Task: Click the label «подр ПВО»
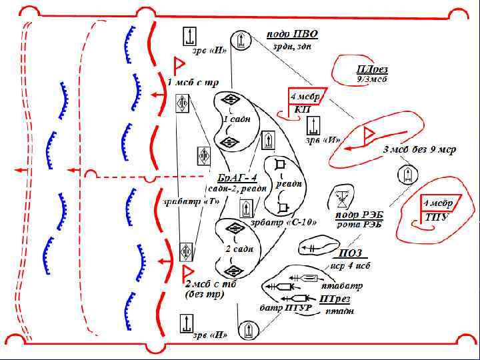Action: pyautogui.click(x=292, y=35)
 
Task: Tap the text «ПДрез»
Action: pyautogui.click(x=372, y=69)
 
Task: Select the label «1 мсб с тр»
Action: pyautogui.click(x=193, y=83)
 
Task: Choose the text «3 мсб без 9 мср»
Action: pyautogui.click(x=419, y=150)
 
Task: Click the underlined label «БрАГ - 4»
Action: pyautogui.click(x=237, y=178)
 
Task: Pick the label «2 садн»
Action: pyautogui.click(x=239, y=249)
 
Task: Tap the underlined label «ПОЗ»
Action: pyautogui.click(x=351, y=253)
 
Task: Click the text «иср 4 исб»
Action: pyautogui.click(x=351, y=265)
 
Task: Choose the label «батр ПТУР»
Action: pyautogui.click(x=282, y=309)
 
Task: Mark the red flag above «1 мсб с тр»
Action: pyautogui.click(x=179, y=65)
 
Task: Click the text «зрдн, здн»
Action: pyautogui.click(x=291, y=47)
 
